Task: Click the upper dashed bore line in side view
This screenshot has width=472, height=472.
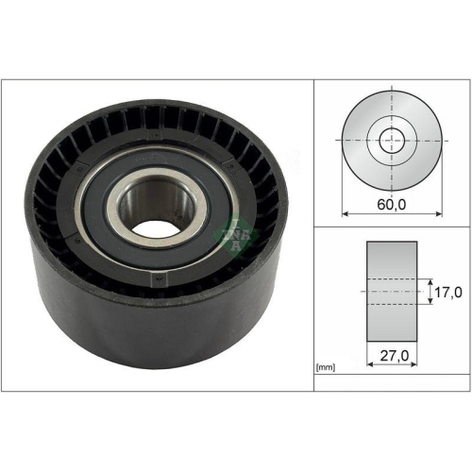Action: pyautogui.click(x=391, y=279)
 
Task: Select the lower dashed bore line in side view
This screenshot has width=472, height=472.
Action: pyautogui.click(x=391, y=306)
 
